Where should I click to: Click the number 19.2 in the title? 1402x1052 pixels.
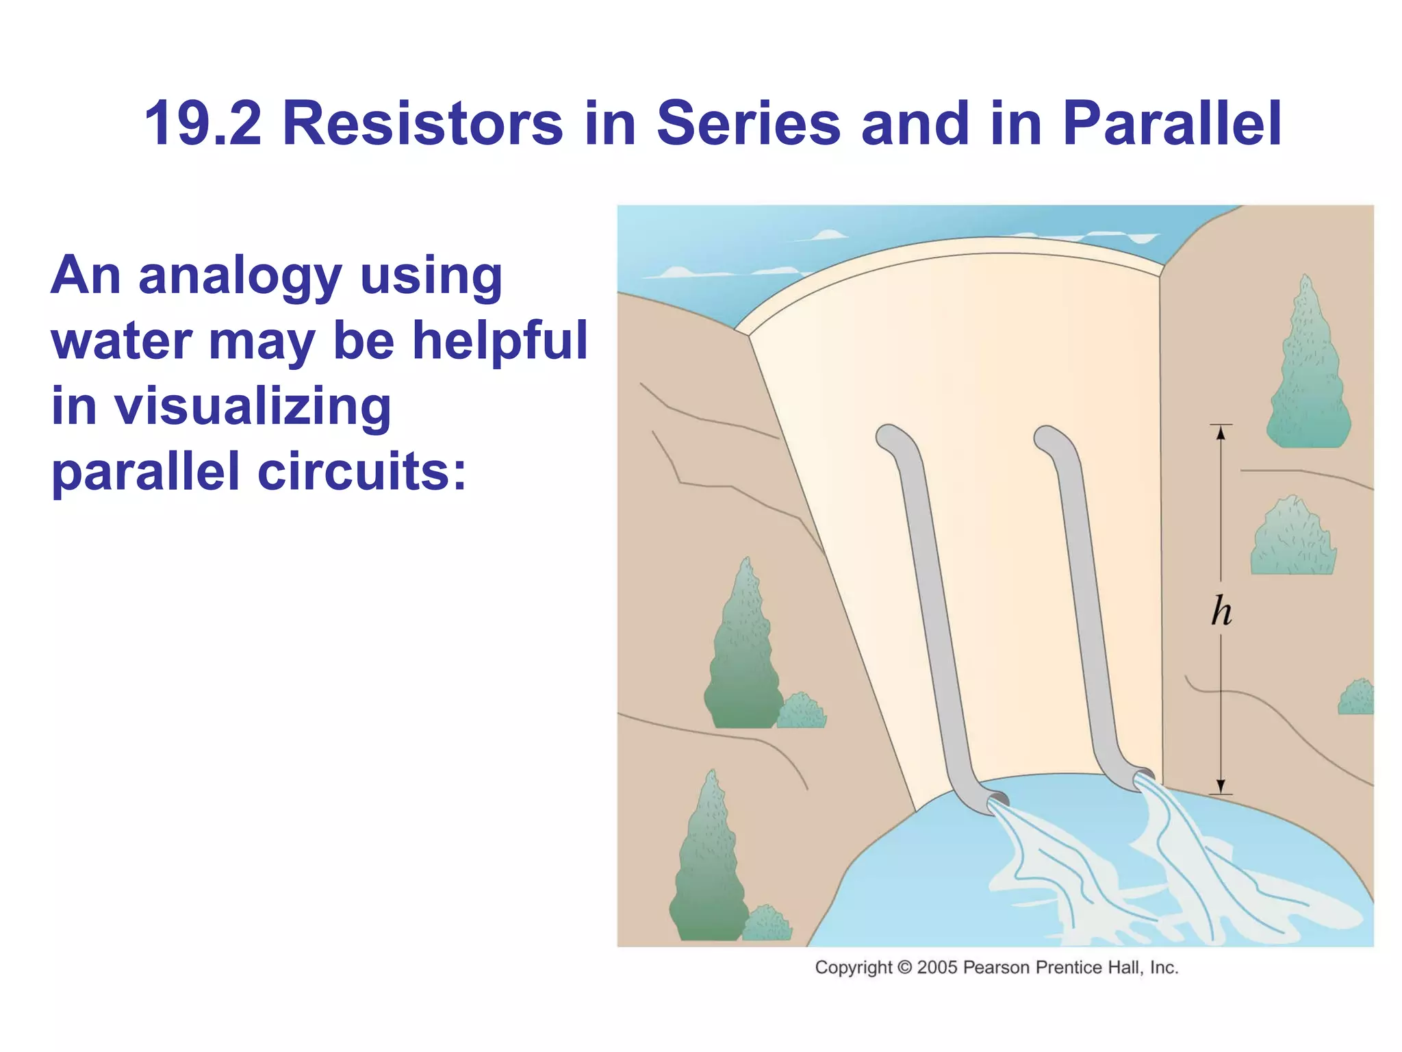click(x=203, y=124)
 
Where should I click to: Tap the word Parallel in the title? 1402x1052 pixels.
click(x=1171, y=124)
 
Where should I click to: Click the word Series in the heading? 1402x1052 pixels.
click(x=748, y=124)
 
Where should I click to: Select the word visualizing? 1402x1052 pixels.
click(x=252, y=406)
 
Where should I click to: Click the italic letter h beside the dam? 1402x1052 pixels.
click(x=1221, y=611)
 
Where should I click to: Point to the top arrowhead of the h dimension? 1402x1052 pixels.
click(x=1221, y=431)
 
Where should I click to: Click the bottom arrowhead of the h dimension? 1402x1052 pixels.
click(x=1221, y=786)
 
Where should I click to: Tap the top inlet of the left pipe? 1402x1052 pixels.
click(x=888, y=436)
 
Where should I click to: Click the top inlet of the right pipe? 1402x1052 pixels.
click(x=1046, y=436)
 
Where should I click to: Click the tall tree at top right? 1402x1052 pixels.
click(x=1308, y=370)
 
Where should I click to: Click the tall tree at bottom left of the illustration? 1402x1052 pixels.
click(x=709, y=863)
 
